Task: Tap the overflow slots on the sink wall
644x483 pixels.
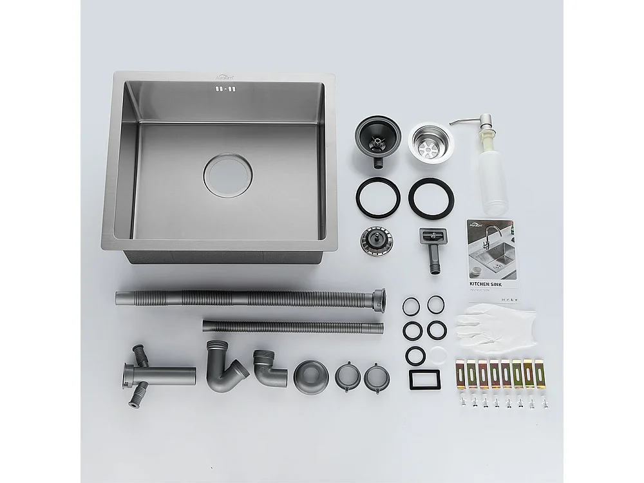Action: pos(227,90)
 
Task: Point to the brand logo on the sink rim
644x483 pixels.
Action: pos(226,77)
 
